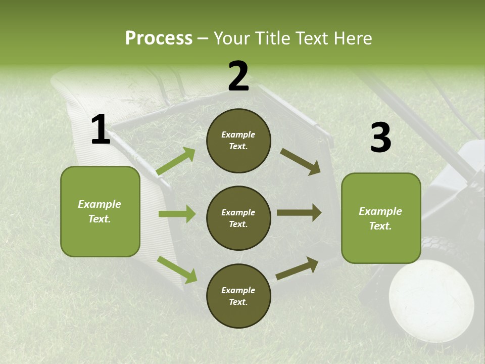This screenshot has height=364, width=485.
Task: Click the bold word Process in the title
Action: [x=159, y=38]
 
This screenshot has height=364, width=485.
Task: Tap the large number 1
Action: [x=101, y=130]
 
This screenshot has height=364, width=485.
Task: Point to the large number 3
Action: [x=380, y=138]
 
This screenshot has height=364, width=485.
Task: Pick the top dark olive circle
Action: [x=238, y=141]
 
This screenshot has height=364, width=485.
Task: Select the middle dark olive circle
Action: [x=238, y=218]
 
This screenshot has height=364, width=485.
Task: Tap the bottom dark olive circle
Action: [x=238, y=296]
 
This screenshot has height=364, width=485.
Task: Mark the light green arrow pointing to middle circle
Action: [x=177, y=214]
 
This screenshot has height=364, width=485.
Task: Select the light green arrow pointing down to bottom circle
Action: [x=177, y=269]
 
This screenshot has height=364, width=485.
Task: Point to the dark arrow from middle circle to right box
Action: [x=299, y=213]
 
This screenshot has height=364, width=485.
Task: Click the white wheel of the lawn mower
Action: [x=431, y=294]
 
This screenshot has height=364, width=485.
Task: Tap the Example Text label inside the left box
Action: [x=100, y=211]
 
